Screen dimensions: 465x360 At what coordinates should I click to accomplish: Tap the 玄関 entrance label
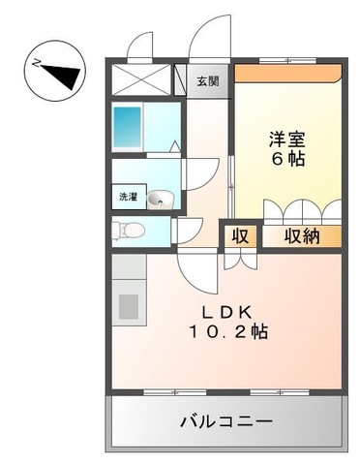coord(207,81)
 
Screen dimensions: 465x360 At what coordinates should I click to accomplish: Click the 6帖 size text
coord(286,158)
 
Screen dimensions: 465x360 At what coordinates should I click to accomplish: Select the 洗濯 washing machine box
coord(128,198)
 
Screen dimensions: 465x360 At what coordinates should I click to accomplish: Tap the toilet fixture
coord(129,230)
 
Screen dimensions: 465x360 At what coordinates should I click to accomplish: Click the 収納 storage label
coord(301,234)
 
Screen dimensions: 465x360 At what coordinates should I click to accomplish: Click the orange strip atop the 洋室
coord(286,72)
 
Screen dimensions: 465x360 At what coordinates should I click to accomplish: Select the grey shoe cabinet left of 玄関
coord(180,78)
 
